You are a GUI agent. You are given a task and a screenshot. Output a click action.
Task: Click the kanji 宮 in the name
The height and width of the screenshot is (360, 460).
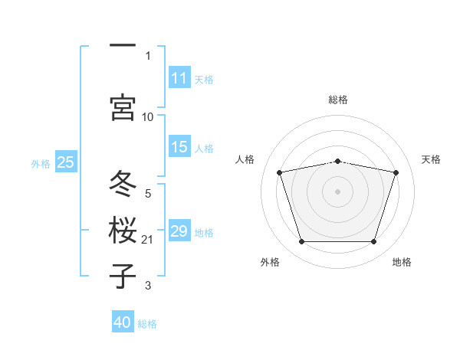pyautogui.click(x=123, y=107)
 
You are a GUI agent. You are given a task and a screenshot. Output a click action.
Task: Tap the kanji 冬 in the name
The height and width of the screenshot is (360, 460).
pyautogui.click(x=123, y=183)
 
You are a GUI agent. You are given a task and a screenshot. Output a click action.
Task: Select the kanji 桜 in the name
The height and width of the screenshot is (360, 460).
pyautogui.click(x=123, y=230)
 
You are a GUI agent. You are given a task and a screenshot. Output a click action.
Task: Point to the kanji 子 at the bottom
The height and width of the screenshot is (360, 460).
pyautogui.click(x=123, y=276)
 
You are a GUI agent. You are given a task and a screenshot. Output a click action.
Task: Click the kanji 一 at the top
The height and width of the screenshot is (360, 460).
pyautogui.click(x=123, y=45)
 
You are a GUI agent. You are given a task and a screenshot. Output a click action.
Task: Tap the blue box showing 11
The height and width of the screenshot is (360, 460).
pyautogui.click(x=179, y=77)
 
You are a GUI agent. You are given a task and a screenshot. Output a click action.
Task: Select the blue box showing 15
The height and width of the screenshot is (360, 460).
pyautogui.click(x=179, y=146)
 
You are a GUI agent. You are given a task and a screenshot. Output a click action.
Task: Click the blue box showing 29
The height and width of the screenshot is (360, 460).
pyautogui.click(x=179, y=230)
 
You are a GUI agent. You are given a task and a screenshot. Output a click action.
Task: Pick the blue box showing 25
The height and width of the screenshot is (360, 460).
pyautogui.click(x=66, y=162)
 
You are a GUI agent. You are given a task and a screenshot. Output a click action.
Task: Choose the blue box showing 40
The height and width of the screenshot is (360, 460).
pyautogui.click(x=123, y=321)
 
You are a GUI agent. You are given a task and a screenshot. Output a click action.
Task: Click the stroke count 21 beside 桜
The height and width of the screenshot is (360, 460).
pyautogui.click(x=147, y=240)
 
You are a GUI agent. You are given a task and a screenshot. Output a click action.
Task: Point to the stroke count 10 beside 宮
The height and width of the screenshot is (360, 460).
pyautogui.click(x=147, y=117)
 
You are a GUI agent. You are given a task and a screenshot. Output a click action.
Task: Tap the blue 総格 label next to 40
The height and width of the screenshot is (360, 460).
pyautogui.click(x=147, y=324)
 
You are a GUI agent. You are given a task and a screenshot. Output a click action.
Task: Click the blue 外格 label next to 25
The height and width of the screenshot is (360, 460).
pyautogui.click(x=41, y=164)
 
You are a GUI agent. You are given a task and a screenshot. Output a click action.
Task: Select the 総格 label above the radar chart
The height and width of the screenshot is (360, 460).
pyautogui.click(x=338, y=100)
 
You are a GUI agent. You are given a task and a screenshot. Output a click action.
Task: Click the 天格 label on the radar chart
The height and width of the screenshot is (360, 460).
pyautogui.click(x=431, y=159)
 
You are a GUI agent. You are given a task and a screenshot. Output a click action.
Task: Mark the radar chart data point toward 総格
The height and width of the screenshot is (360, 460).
pyautogui.click(x=337, y=162)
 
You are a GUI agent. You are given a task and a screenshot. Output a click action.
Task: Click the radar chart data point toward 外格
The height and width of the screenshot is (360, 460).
pyautogui.click(x=301, y=241)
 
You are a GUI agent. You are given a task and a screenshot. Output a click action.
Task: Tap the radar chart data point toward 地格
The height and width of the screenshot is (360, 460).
pyautogui.click(x=374, y=241)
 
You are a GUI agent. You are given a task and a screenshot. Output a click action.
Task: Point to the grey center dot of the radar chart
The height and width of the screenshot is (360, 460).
pyautogui.click(x=337, y=191)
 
